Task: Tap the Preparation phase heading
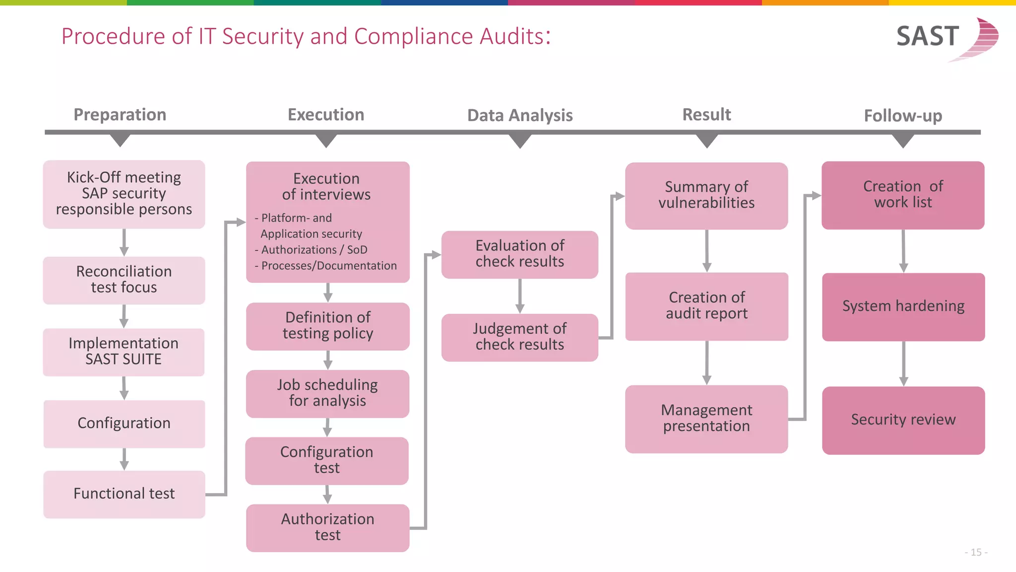coord(120,115)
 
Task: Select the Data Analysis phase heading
coord(520,115)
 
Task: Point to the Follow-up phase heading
coord(903,116)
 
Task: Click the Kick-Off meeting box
coord(124,194)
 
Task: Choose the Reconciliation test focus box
coord(124,280)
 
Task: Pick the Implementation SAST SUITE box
coord(124,352)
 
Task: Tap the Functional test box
coord(124,494)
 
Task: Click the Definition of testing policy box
coord(327,326)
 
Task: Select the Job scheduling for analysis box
coord(327,393)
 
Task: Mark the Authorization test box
coord(327,527)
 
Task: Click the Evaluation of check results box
coord(519,254)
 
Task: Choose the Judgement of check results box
coord(519,337)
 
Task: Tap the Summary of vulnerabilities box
coord(706,195)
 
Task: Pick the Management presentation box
coord(706,419)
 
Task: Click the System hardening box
coord(903,306)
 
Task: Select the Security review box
coord(903,420)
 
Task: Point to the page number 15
coord(976,552)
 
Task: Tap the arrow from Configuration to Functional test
coord(124,459)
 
